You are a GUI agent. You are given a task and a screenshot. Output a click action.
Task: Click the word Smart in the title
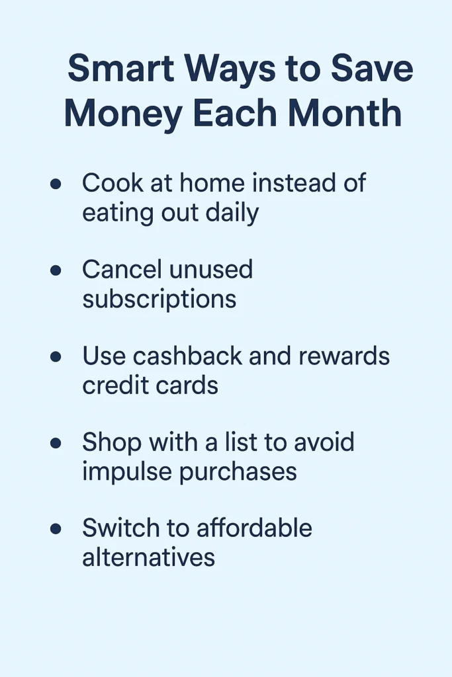click(120, 68)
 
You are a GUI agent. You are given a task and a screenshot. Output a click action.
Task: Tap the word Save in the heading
click(372, 68)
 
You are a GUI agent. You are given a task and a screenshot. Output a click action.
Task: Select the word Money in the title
click(123, 114)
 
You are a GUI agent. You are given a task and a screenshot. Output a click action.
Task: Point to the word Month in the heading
click(345, 113)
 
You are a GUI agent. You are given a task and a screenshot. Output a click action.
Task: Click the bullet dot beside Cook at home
click(56, 184)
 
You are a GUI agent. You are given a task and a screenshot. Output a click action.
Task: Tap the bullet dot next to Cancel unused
click(56, 270)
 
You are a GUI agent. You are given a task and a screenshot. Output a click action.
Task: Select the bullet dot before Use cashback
click(56, 356)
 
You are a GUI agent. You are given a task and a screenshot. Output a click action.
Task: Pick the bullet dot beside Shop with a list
click(56, 443)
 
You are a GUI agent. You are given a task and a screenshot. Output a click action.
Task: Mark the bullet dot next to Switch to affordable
click(56, 529)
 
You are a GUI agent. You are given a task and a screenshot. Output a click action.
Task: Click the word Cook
click(113, 182)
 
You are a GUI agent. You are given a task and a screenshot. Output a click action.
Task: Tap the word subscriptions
click(159, 299)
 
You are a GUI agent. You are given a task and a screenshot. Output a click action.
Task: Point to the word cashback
click(187, 356)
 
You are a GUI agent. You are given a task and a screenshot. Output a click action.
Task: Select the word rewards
click(344, 356)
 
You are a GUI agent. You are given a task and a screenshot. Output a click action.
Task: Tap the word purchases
click(238, 472)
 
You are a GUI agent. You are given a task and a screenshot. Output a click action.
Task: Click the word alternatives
click(149, 557)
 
